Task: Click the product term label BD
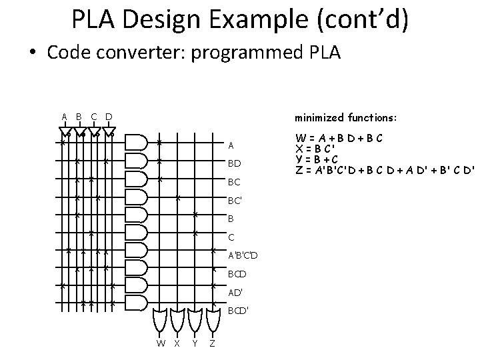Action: (234, 163)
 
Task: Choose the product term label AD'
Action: (235, 292)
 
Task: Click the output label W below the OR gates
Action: (161, 343)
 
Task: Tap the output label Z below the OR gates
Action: (211, 343)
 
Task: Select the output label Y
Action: (194, 343)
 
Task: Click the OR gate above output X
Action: (177, 319)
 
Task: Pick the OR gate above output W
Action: (161, 319)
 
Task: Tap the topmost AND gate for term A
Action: (135, 142)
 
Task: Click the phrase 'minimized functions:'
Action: (345, 117)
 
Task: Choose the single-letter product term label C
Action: (231, 237)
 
